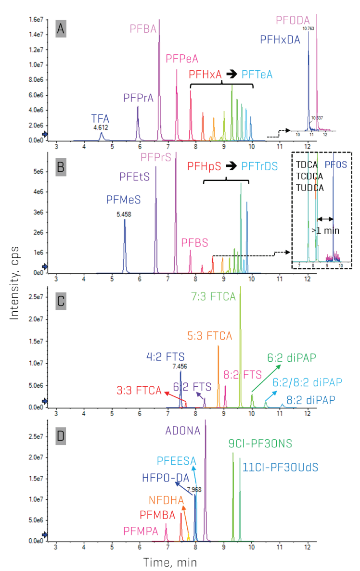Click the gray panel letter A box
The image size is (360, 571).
pyautogui.click(x=61, y=29)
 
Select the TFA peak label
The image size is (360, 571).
pyautogui.click(x=101, y=118)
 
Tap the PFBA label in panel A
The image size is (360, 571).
pyautogui.click(x=144, y=29)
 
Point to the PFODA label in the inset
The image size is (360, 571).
pyautogui.click(x=290, y=20)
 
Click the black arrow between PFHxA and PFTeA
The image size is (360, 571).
pyautogui.click(x=231, y=74)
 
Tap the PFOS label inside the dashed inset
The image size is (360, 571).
pyautogui.click(x=334, y=165)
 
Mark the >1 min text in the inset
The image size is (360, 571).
pyautogui.click(x=326, y=230)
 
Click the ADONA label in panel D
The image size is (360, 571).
pyautogui.click(x=182, y=430)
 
